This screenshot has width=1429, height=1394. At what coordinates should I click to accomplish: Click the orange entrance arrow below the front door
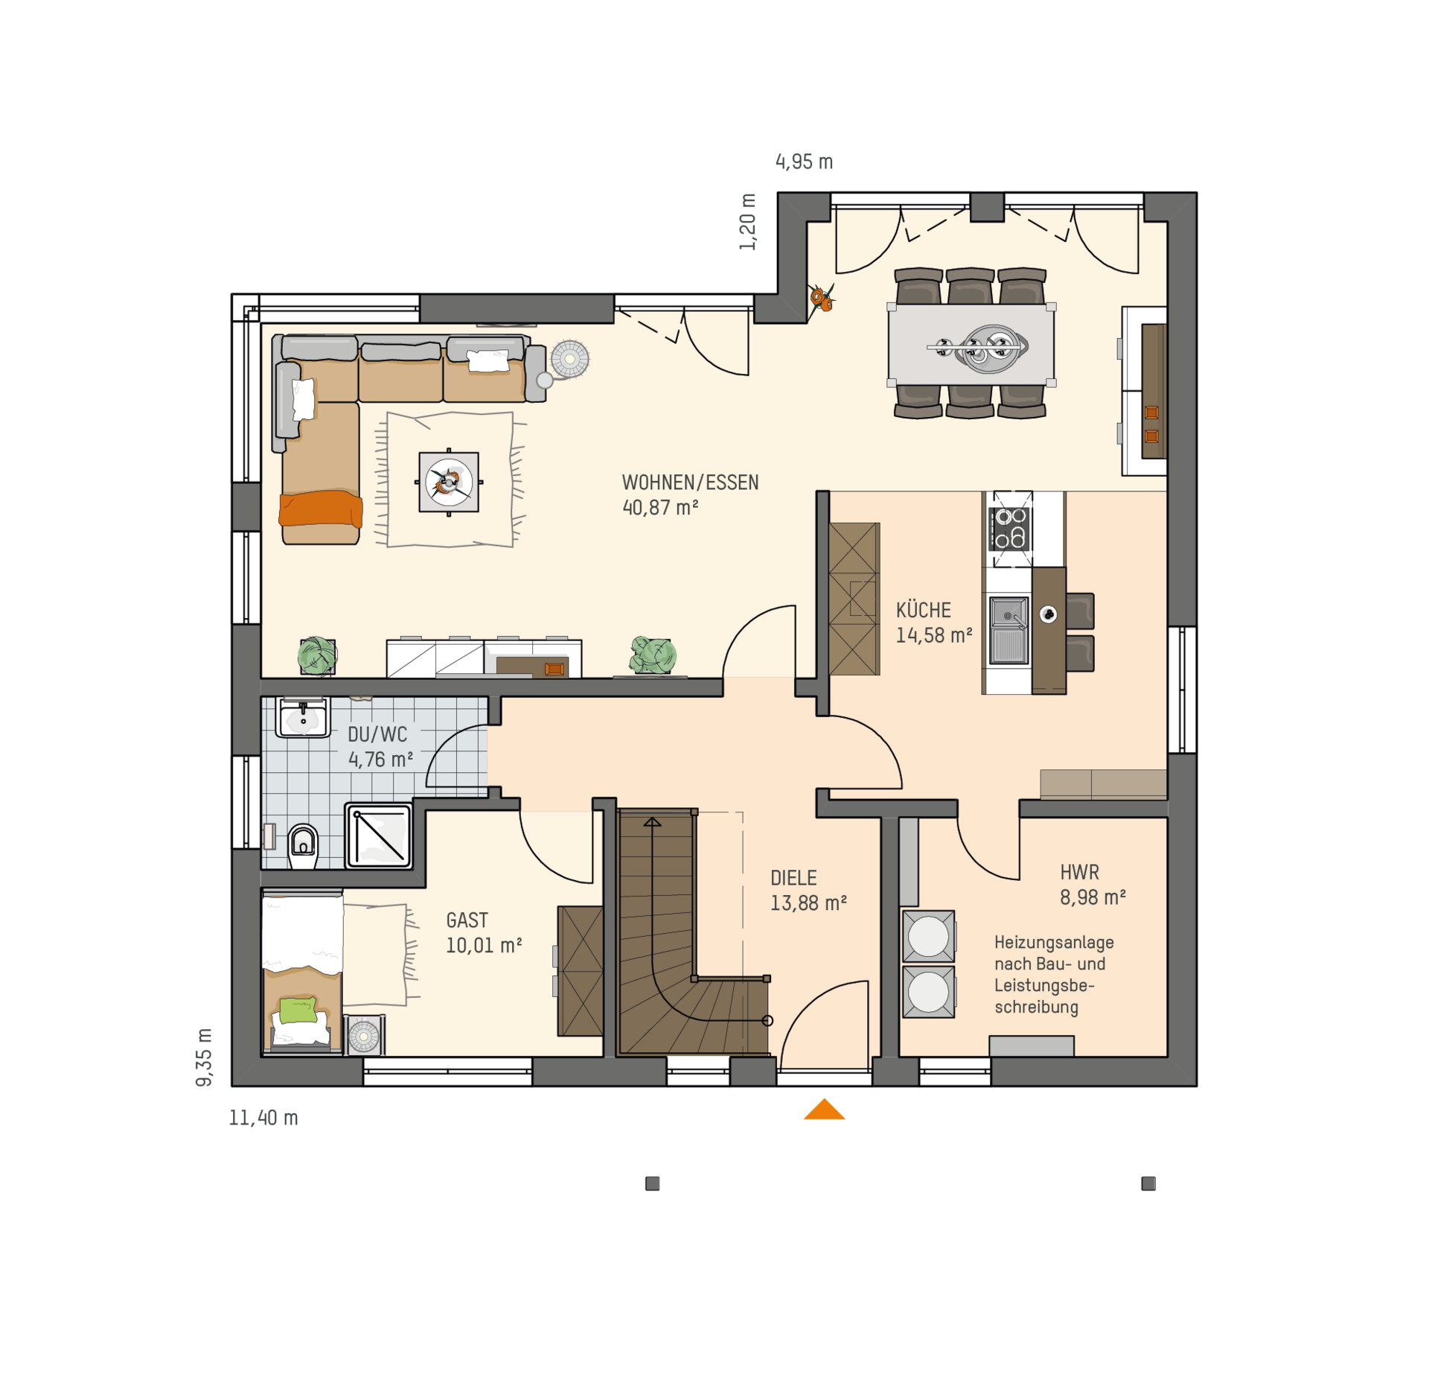point(824,1109)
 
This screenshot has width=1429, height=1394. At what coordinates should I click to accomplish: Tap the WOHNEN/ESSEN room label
point(690,483)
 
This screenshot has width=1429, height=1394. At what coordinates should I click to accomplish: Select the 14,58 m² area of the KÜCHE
point(933,635)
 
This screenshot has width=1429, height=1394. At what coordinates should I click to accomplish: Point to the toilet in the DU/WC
point(303,845)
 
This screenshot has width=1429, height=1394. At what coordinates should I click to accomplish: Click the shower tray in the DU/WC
point(379,836)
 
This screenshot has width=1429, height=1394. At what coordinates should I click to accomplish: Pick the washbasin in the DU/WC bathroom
point(303,718)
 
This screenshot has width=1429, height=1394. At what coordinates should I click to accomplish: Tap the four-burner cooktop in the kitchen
point(1010,528)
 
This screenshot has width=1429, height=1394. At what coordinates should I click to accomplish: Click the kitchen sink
point(1008,630)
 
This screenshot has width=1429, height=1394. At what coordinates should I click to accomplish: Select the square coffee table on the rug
point(449,482)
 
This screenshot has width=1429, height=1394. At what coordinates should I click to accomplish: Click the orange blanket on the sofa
point(321,509)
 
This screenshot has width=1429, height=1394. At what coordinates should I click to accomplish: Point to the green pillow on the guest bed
point(298,1011)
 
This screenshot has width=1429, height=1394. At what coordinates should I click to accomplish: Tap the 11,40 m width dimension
point(263,1118)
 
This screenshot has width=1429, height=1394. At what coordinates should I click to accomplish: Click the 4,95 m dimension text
point(804,162)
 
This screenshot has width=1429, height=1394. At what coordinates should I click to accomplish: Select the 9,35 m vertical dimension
point(204,1057)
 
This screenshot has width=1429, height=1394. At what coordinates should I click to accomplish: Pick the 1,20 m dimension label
point(747,222)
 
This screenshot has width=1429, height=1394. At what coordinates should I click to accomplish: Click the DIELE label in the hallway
point(793,878)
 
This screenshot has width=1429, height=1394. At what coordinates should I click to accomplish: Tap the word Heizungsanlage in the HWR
point(1054,942)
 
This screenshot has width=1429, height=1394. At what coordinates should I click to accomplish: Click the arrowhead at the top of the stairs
point(653,821)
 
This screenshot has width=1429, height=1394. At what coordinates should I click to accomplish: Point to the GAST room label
point(467,920)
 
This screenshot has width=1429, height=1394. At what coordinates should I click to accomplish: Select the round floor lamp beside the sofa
point(569,360)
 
